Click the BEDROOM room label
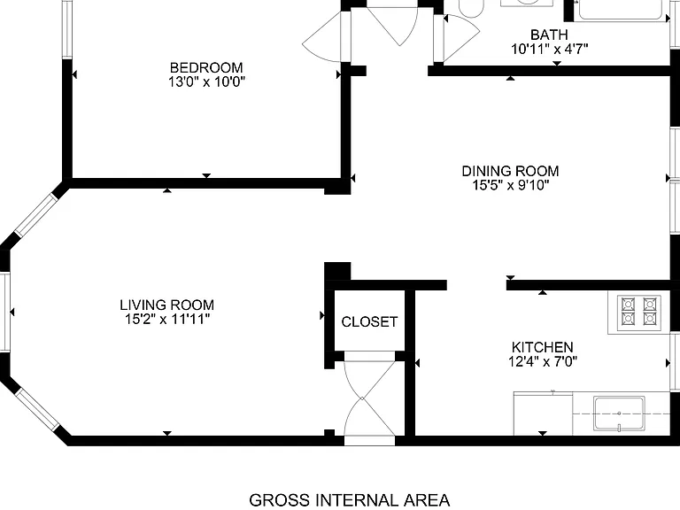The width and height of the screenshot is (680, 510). click(x=206, y=67)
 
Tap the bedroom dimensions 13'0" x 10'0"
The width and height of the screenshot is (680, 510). click(x=207, y=81)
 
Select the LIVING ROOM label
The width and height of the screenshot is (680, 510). click(x=167, y=305)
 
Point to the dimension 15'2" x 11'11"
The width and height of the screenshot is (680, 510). click(x=167, y=319)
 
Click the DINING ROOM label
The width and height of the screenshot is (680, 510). click(x=510, y=171)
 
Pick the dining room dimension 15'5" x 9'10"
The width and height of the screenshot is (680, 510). click(x=511, y=185)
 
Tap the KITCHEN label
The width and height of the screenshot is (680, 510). click(x=543, y=347)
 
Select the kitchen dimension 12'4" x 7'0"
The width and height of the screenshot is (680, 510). click(x=543, y=361)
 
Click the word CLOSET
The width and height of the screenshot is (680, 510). click(x=369, y=321)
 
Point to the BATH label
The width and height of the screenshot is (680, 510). click(x=549, y=35)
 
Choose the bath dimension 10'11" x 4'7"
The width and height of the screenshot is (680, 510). click(x=550, y=49)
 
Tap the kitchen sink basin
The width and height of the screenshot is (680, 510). click(x=619, y=413)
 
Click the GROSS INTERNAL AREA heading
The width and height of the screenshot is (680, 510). click(x=350, y=500)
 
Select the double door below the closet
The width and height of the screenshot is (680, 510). click(x=369, y=398)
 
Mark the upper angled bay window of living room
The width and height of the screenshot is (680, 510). click(x=36, y=214)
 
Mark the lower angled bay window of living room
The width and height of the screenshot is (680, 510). click(x=36, y=410)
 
